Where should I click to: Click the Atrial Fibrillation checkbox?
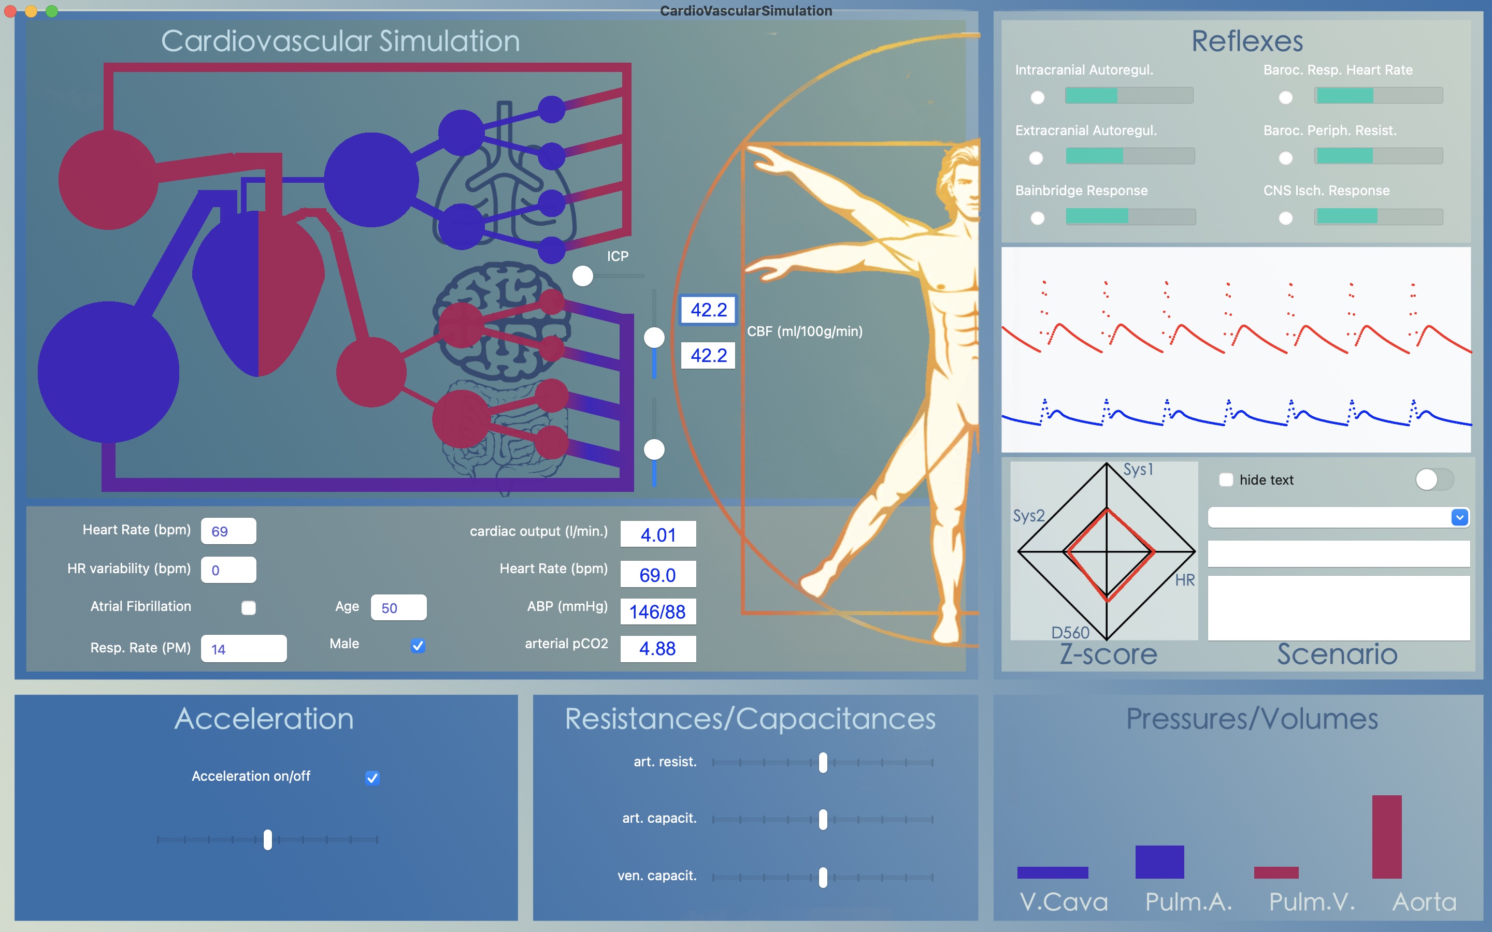249,608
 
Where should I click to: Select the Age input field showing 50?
398,608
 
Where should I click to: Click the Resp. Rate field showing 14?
243,648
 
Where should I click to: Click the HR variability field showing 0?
228,570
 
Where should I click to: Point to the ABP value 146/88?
658,611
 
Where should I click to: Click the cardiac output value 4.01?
658,534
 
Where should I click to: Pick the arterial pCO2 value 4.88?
658,648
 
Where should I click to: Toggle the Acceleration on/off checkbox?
372,777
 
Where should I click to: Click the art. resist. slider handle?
823,763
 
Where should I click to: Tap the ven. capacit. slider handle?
823,877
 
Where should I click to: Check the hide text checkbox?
1226,479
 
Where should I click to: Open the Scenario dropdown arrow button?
1459,517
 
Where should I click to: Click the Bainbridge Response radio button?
1038,218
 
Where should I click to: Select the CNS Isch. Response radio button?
1285,218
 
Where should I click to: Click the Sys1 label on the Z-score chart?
1138,470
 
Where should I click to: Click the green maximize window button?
52,11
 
